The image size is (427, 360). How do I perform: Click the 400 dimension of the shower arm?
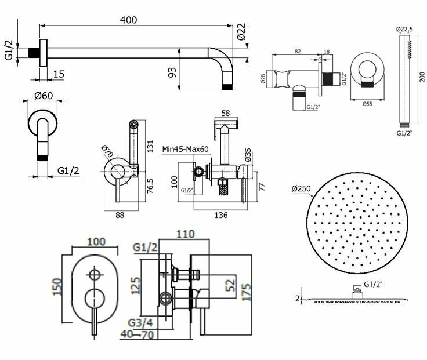click(129, 19)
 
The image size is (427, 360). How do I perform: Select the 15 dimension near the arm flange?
click(59, 74)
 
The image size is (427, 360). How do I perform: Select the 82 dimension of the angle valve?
click(298, 52)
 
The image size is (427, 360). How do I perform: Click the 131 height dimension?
click(150, 144)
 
